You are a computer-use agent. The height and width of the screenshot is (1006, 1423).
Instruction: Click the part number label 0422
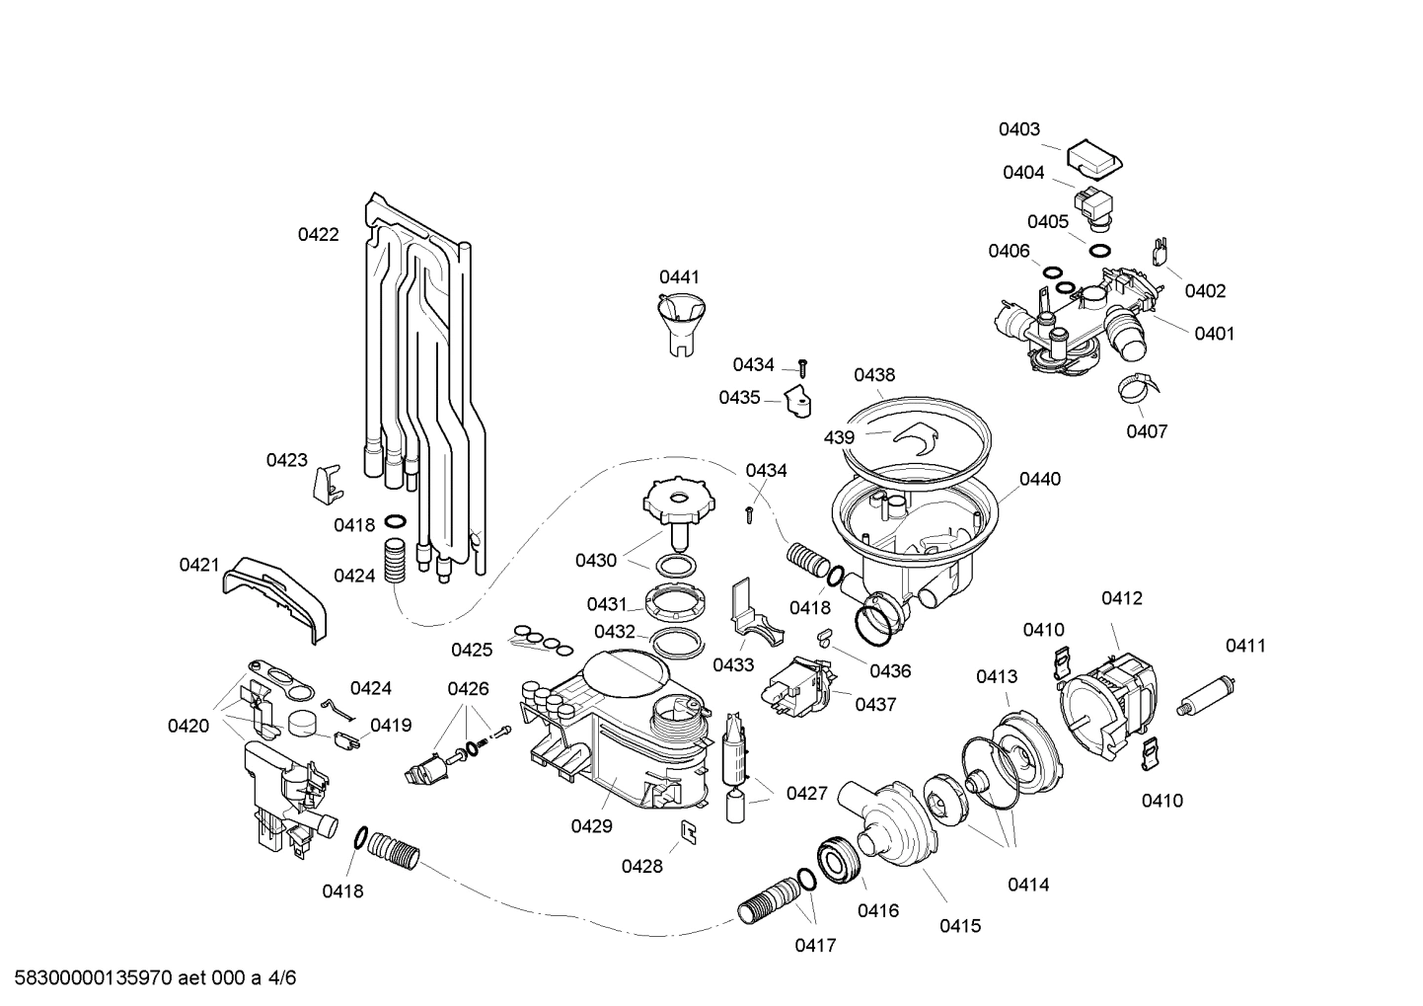(x=318, y=235)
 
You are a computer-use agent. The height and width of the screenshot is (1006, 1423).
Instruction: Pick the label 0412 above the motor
(x=1122, y=598)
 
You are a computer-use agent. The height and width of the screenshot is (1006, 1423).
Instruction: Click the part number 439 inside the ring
(x=841, y=435)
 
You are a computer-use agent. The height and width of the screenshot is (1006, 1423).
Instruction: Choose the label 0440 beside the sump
(x=1039, y=480)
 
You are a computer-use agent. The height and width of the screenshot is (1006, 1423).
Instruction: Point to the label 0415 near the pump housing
(x=959, y=926)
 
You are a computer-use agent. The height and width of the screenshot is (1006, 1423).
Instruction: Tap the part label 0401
(x=1214, y=334)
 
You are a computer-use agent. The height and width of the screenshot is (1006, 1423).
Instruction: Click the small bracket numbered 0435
(x=797, y=400)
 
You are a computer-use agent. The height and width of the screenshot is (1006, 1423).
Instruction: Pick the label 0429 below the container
(x=591, y=827)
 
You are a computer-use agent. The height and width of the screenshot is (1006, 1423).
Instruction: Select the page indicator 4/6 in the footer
(x=281, y=978)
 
